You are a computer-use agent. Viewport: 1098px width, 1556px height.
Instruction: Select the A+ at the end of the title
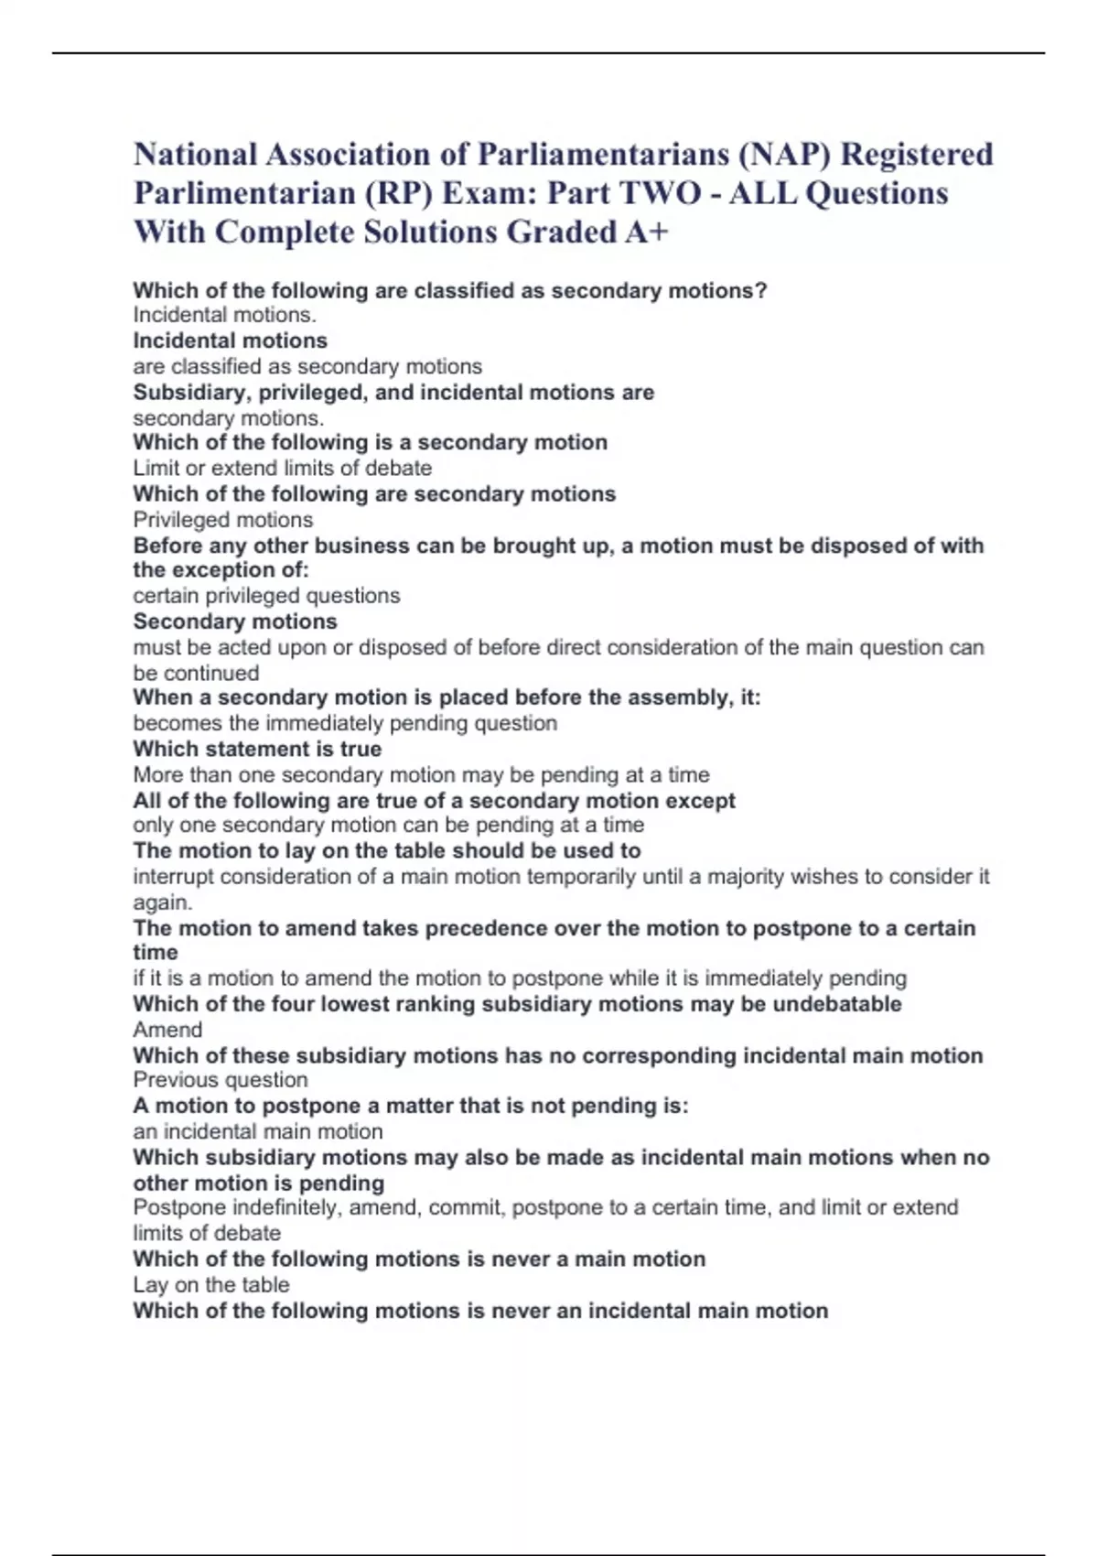[x=647, y=232]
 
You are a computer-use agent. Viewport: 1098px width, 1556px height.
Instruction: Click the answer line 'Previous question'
[x=220, y=1080]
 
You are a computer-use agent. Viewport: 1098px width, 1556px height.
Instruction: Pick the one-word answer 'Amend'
[x=167, y=1030]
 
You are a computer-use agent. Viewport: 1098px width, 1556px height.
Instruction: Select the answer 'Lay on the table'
[x=210, y=1285]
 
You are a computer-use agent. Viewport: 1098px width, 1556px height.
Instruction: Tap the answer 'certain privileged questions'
[x=266, y=596]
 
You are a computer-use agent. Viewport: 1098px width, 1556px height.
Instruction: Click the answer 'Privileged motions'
[x=222, y=520]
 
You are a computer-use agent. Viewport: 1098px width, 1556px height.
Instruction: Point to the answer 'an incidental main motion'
[x=257, y=1131]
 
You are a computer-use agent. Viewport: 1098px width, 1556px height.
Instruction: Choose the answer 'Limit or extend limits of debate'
[x=282, y=468]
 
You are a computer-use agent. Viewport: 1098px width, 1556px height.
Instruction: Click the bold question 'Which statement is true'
[x=257, y=749]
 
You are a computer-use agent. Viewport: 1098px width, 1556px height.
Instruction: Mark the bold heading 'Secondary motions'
[x=235, y=621]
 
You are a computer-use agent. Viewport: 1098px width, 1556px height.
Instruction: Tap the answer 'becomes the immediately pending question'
[x=345, y=723]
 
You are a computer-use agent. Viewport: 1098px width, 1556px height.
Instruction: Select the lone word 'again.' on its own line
[x=163, y=902]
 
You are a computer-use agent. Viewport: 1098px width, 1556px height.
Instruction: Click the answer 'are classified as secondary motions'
[x=307, y=366]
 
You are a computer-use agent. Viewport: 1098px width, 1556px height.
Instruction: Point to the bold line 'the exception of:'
[x=221, y=570]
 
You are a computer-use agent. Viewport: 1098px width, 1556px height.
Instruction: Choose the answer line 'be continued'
[x=196, y=673]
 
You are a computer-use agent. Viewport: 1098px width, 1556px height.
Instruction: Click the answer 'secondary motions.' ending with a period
[x=228, y=418]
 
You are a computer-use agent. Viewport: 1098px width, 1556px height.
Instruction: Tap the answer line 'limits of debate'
[x=207, y=1233]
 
